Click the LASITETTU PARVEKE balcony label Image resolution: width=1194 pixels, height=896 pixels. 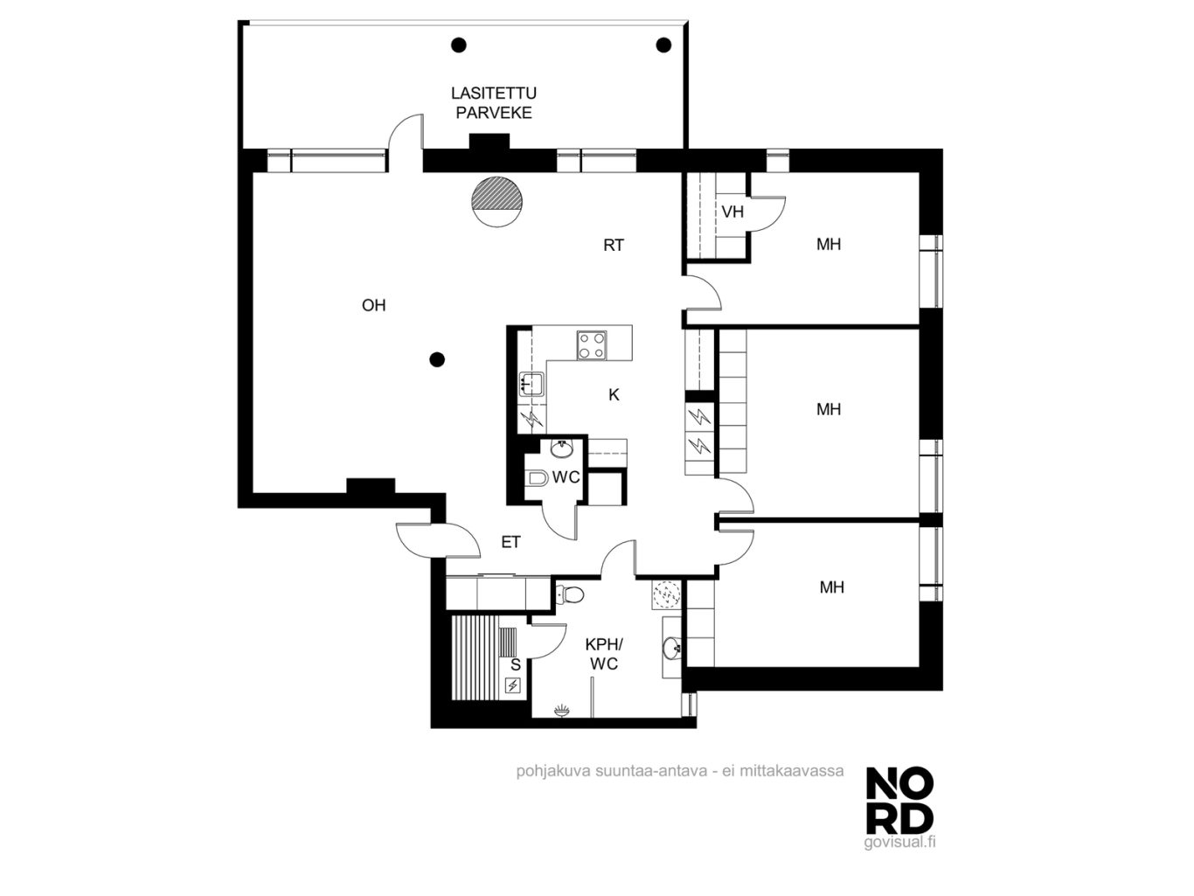[x=493, y=103]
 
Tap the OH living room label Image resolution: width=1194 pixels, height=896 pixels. [x=374, y=305]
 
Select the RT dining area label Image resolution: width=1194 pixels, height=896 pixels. [x=614, y=246]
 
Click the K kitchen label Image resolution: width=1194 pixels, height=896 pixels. [x=614, y=395]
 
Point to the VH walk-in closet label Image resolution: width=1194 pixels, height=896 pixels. [x=732, y=212]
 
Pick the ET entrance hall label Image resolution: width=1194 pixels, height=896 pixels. [x=510, y=542]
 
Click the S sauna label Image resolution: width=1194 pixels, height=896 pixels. [x=516, y=664]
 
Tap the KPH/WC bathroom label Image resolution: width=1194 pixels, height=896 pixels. [x=604, y=655]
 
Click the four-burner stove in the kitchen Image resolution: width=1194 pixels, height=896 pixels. [x=592, y=345]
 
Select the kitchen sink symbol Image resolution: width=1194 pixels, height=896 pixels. [x=531, y=383]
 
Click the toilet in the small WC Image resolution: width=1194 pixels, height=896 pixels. [x=538, y=478]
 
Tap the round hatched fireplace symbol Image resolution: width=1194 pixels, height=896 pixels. [x=496, y=201]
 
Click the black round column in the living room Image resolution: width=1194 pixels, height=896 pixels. [x=437, y=359]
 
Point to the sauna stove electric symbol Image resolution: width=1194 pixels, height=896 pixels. [x=513, y=685]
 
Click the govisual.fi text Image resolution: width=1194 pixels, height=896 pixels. [x=899, y=842]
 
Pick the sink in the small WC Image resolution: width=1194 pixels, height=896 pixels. [x=561, y=448]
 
